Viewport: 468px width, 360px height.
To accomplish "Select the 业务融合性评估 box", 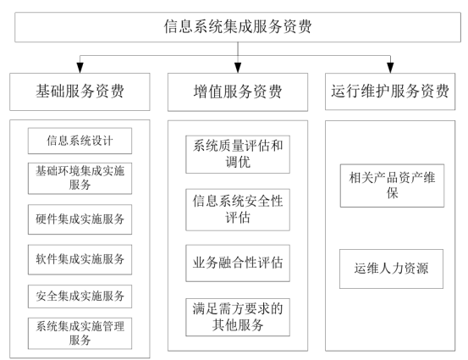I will point(237,261).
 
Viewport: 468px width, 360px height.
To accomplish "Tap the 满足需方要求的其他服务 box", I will point(237,313).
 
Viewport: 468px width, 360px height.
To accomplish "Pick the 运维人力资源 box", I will point(392,270).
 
